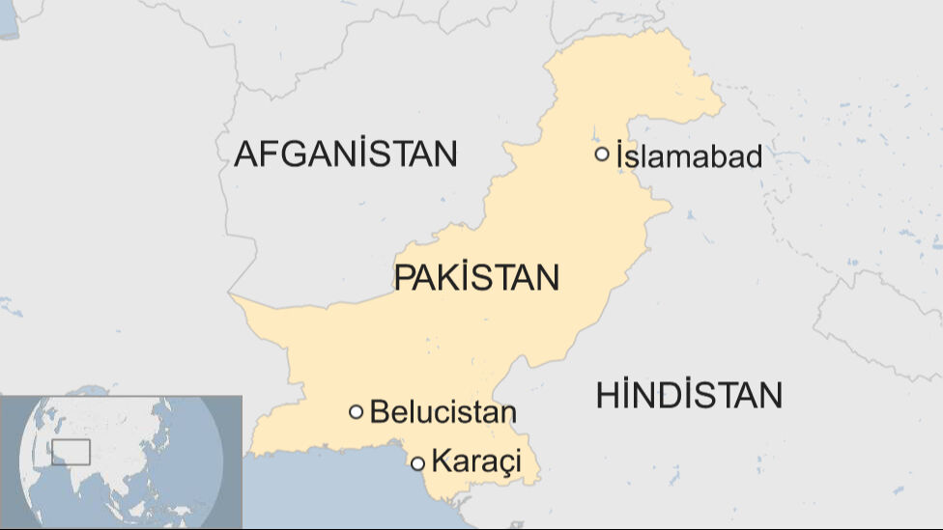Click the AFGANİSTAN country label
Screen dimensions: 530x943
345,153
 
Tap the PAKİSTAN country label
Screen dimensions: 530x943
476,278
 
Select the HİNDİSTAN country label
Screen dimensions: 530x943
689,395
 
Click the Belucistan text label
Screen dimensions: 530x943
443,412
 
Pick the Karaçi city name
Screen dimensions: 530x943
476,461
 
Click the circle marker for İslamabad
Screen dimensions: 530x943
602,153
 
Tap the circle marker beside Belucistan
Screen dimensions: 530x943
356,412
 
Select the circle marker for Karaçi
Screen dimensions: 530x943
417,463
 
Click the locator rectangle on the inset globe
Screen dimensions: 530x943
71,452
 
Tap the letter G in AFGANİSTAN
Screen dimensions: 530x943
297,153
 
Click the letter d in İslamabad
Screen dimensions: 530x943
753,155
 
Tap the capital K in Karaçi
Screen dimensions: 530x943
441,461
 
